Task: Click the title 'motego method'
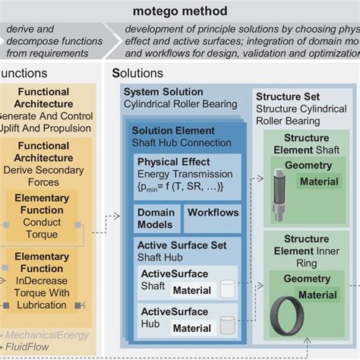180,11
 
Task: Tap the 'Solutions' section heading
137,74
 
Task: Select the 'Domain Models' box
156,219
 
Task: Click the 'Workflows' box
213,213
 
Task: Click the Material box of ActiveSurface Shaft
191,290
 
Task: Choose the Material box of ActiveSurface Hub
191,327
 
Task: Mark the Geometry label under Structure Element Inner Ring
307,279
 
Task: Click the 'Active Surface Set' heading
180,245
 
